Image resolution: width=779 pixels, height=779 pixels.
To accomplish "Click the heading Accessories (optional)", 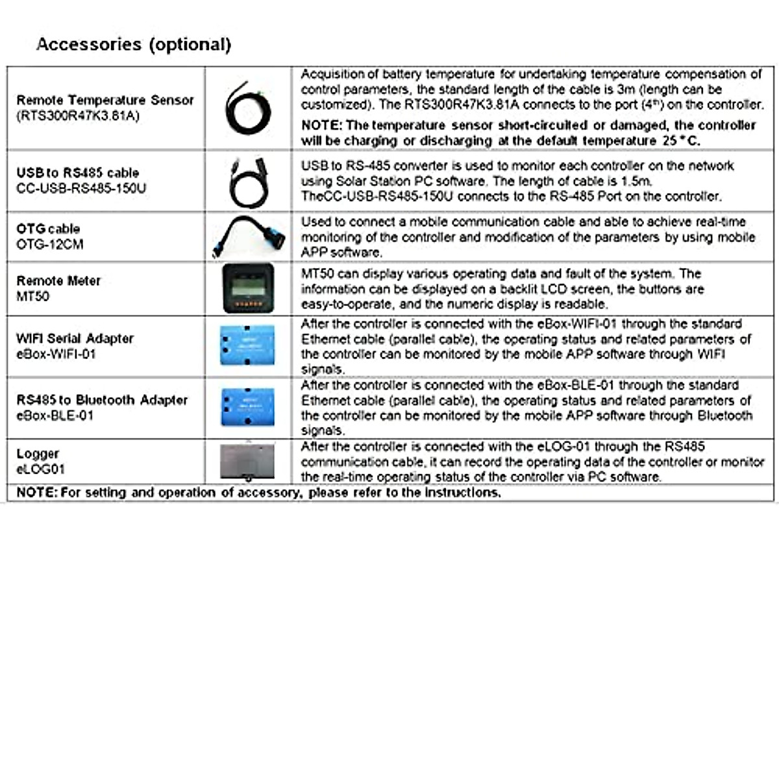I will pyautogui.click(x=134, y=44).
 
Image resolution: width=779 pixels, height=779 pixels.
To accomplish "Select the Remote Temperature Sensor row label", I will pyautogui.click(x=105, y=100).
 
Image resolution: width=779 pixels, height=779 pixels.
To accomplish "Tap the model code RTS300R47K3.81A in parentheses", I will pyautogui.click(x=78, y=116).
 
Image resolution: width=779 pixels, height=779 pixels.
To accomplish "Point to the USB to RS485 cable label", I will pyautogui.click(x=77, y=173).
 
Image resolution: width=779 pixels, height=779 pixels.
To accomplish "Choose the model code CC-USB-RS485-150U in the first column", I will pyautogui.click(x=81, y=188).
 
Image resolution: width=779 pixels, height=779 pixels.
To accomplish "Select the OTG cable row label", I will pyautogui.click(x=48, y=229).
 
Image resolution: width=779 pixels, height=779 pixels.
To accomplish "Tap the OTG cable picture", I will pyautogui.click(x=249, y=236).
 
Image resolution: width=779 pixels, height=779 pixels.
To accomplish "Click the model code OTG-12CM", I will pyautogui.click(x=50, y=244).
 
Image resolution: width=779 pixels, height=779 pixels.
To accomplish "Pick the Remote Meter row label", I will pyautogui.click(x=58, y=280).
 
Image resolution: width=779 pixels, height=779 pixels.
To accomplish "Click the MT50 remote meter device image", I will pyautogui.click(x=248, y=288).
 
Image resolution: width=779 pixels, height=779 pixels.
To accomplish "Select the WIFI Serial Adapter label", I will pyautogui.click(x=75, y=338).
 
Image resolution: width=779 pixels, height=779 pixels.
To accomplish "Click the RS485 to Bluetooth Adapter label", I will pyautogui.click(x=102, y=400).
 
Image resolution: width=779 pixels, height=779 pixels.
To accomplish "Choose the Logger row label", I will pyautogui.click(x=38, y=453).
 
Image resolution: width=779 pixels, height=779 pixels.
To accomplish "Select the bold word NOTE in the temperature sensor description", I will pyautogui.click(x=321, y=125).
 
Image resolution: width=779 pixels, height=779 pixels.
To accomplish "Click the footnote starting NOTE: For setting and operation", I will pyautogui.click(x=258, y=492).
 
